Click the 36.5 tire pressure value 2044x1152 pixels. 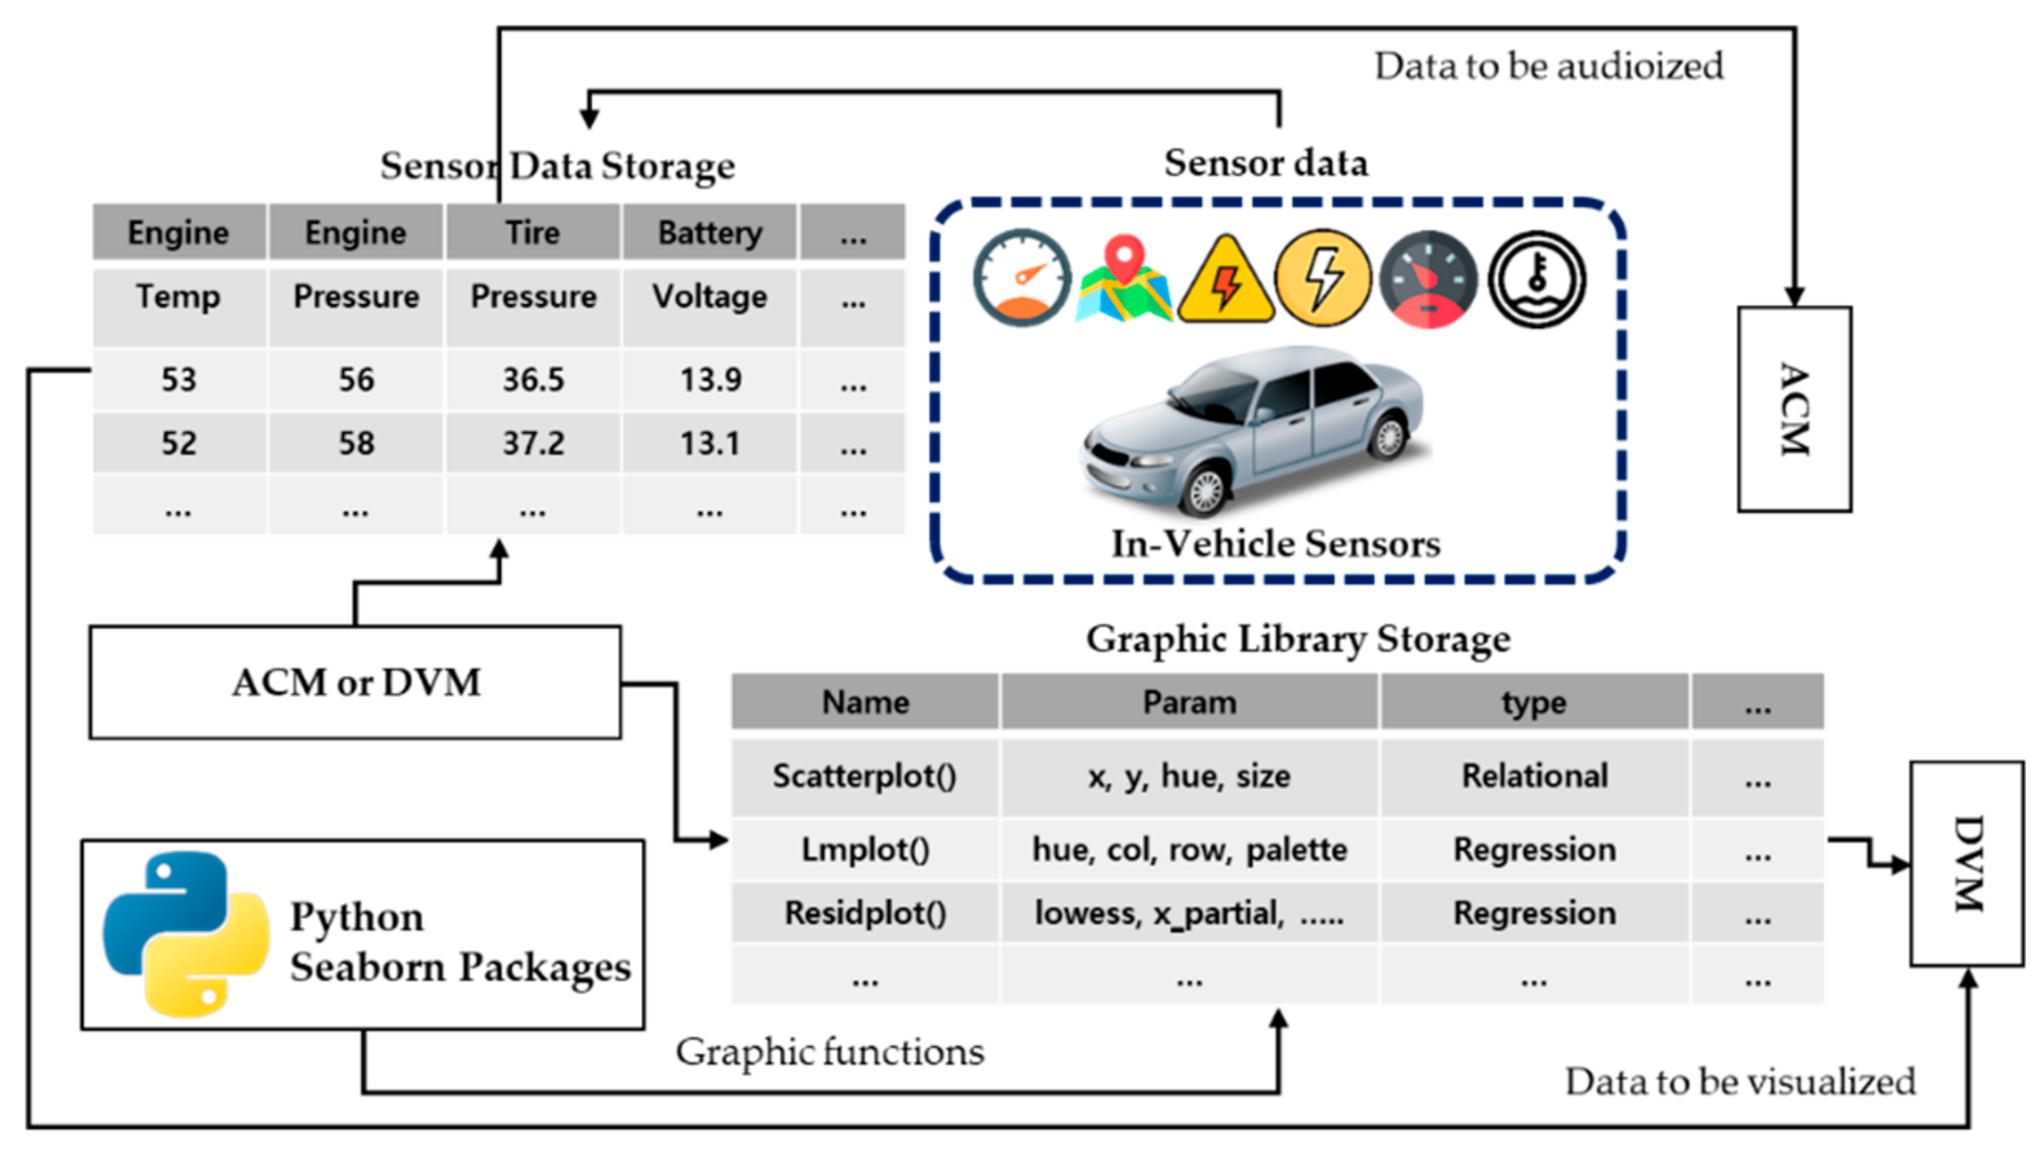[533, 380]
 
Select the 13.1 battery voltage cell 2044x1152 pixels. [710, 443]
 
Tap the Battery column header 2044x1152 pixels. [710, 233]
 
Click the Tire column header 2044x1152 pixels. [533, 233]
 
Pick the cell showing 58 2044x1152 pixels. [356, 443]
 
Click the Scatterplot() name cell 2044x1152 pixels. [864, 776]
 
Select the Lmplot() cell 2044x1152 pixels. [864, 849]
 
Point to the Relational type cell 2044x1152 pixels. [1534, 776]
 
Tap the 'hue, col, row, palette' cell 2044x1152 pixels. [1189, 849]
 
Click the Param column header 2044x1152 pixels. [1189, 702]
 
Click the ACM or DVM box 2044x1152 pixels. [355, 682]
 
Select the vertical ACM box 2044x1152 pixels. [1794, 409]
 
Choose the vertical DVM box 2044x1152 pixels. [1967, 863]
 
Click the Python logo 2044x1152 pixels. [186, 934]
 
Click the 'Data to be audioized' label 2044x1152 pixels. [1548, 66]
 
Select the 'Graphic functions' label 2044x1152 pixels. [829, 1051]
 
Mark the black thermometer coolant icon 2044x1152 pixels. [1536, 279]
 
